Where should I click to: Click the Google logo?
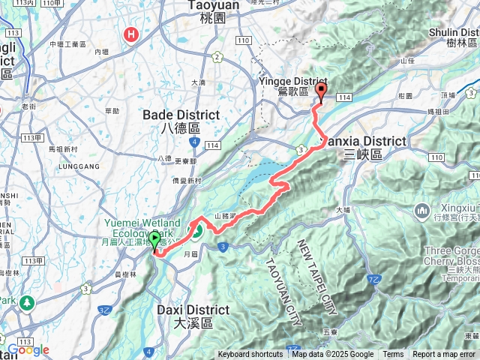28,349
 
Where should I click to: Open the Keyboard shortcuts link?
250,355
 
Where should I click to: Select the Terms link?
393,355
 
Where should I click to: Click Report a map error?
444,355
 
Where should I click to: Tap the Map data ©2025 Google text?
333,355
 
